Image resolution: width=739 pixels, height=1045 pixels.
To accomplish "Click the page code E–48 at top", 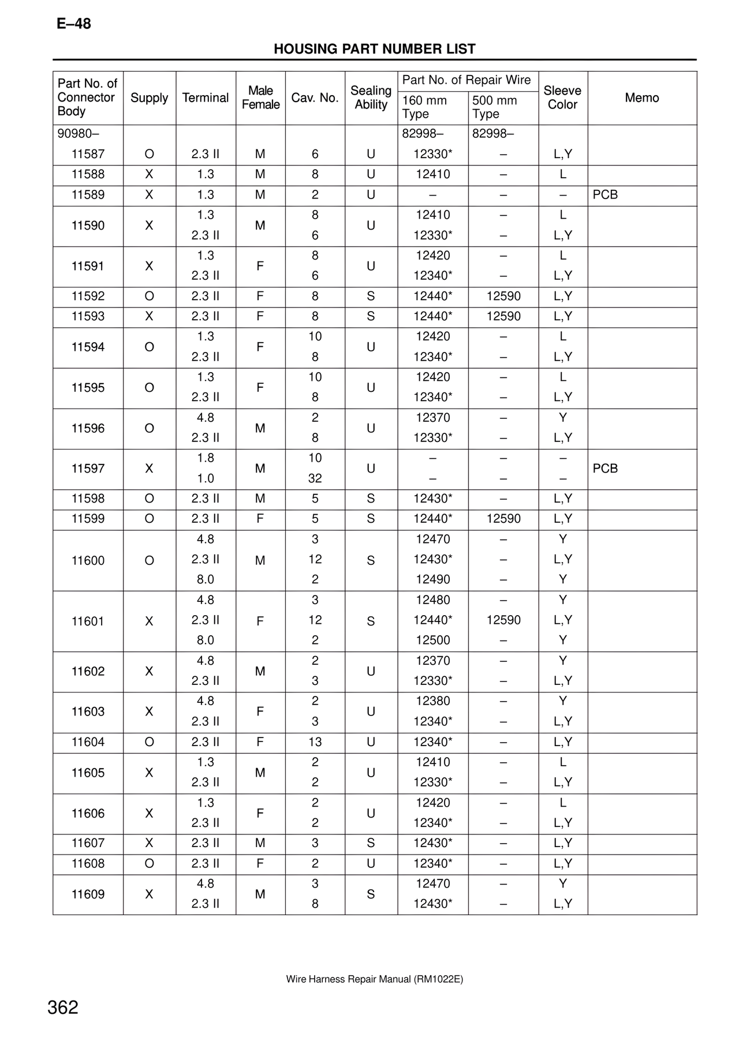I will pos(74,24).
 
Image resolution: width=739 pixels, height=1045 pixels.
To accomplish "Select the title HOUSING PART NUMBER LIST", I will pos(374,49).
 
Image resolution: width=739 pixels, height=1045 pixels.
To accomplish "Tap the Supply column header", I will pos(149,98).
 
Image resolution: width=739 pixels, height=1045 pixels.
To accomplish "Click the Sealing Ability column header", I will pos(371,98).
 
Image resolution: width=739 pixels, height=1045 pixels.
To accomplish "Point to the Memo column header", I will pos(641,98).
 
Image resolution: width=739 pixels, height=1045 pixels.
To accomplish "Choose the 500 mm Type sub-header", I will pos(494,107).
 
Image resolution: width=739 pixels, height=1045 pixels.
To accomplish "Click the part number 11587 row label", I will pos(88,154).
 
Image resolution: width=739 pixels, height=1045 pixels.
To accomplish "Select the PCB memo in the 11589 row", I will pos(605,195).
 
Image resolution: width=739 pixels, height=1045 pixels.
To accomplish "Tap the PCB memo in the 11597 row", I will pos(605,469).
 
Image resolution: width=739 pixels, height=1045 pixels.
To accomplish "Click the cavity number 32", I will pos(315,478).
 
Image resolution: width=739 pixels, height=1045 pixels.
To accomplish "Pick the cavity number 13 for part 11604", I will pos(315,742).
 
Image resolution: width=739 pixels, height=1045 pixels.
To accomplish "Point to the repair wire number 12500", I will pos(432,640).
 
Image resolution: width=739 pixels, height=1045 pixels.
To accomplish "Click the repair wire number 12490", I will pos(432,579).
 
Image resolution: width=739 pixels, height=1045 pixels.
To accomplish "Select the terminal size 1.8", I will pos(206,458).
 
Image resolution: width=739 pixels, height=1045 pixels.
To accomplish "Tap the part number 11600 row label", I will pos(88,560).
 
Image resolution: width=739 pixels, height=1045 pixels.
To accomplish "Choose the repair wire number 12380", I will pos(432,701).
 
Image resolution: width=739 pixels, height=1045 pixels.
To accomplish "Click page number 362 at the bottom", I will pos(63,1007).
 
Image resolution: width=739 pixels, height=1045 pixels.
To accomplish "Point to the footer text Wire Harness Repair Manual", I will pos(374,979).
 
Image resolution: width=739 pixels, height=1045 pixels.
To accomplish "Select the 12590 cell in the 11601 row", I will pos(503,620).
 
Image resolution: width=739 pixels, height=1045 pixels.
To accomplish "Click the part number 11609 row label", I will pos(88,894).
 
